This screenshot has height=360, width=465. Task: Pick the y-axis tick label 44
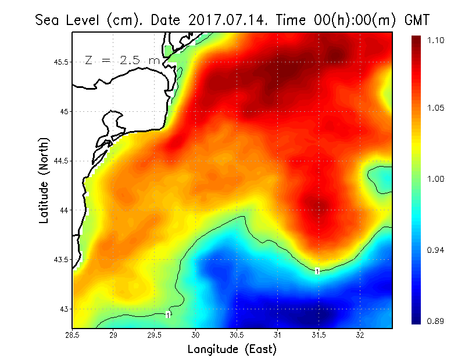(64, 210)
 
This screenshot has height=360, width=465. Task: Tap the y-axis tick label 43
(64, 309)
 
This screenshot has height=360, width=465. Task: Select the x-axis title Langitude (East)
(232, 349)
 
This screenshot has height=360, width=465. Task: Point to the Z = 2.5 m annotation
(122, 60)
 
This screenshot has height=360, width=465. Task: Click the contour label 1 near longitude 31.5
(317, 271)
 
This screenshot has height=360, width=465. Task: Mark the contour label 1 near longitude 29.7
(168, 315)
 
